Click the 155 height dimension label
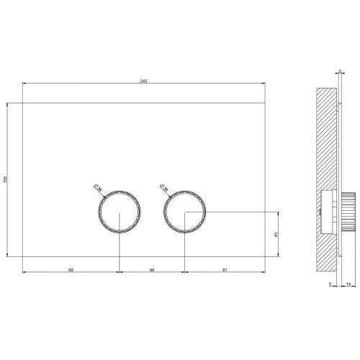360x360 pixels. pyautogui.click(x=4, y=179)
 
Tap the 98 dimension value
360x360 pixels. pyautogui.click(x=71, y=271)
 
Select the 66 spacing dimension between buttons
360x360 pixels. pyautogui.click(x=152, y=271)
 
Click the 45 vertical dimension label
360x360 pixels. pyautogui.click(x=276, y=234)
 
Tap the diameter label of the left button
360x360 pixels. pyautogui.click(x=98, y=189)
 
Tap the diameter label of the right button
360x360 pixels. pyautogui.click(x=163, y=189)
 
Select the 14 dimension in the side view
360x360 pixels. pyautogui.click(x=348, y=285)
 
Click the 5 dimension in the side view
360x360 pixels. pyautogui.click(x=330, y=285)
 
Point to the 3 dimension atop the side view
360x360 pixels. pyautogui.click(x=338, y=72)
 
